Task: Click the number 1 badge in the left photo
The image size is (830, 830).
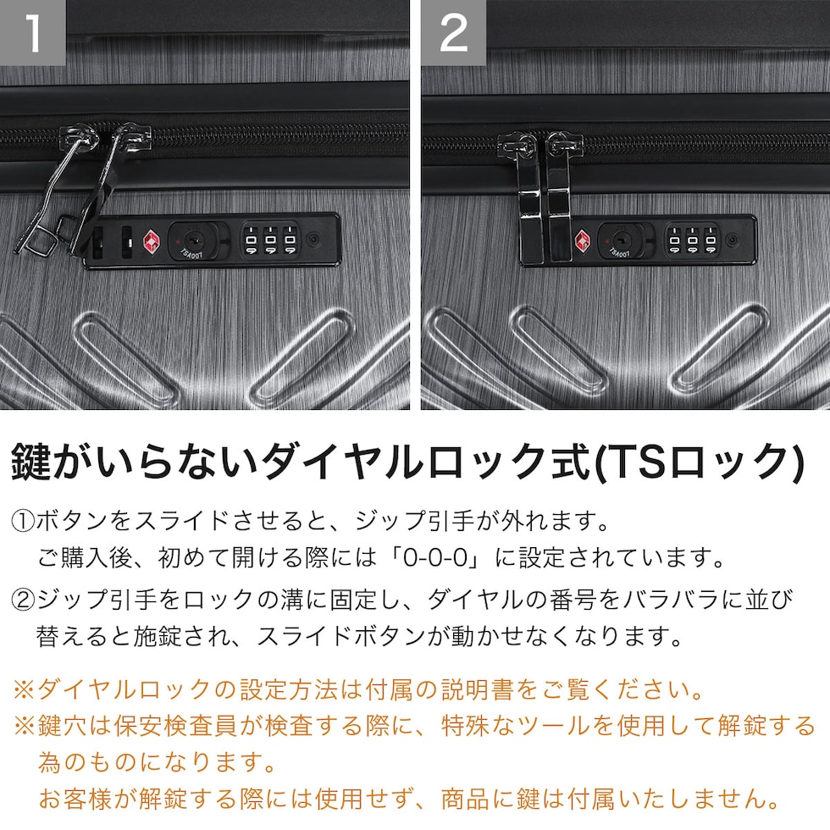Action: point(32,32)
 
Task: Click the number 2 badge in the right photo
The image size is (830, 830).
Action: point(454,32)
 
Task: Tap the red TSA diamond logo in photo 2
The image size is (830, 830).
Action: point(584,241)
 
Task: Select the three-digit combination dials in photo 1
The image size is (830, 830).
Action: point(270,241)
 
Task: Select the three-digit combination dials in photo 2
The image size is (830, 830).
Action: point(693,241)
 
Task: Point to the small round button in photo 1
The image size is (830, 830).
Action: point(314,240)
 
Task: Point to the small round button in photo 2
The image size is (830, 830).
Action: point(733,240)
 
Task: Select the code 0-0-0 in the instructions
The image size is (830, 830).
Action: point(435,557)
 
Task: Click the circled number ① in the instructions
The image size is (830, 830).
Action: point(23,521)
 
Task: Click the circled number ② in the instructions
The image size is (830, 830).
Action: point(23,600)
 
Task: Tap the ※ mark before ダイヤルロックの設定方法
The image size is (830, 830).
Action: point(24,690)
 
